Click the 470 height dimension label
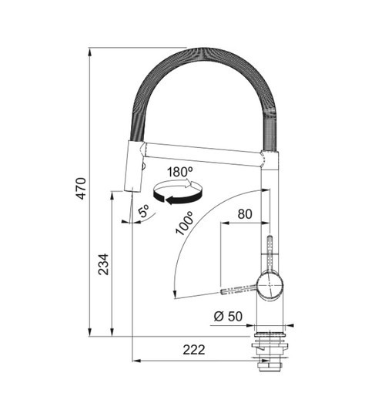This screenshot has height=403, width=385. tap(82, 188)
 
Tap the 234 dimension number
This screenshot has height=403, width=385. tap(103, 265)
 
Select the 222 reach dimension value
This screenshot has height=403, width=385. tap(194, 350)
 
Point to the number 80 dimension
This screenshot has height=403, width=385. tap(245, 214)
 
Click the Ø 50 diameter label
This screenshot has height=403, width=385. tap(228, 316)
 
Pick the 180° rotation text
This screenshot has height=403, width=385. tap(180, 172)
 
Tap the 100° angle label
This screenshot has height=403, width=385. tap(184, 223)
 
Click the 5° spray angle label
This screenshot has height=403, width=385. tap(143, 211)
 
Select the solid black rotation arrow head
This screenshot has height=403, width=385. tap(170, 200)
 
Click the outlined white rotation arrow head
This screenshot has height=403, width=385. tap(188, 183)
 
